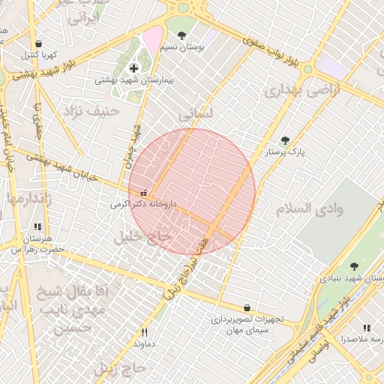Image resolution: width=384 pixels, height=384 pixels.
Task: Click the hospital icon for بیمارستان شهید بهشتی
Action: (x=134, y=68)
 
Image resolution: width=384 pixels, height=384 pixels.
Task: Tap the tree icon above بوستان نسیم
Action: (x=181, y=34)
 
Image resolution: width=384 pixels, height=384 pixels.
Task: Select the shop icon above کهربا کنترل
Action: (x=38, y=43)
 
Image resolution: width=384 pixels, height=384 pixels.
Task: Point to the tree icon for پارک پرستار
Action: (x=284, y=140)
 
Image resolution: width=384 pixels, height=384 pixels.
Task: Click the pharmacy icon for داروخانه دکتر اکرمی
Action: (x=144, y=193)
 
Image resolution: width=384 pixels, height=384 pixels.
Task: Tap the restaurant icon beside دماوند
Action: (x=145, y=332)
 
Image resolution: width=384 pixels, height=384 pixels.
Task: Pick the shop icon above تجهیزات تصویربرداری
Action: (x=247, y=307)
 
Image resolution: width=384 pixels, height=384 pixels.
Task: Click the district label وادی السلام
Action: (x=309, y=208)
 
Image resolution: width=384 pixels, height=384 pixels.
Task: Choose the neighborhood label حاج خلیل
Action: (x=142, y=237)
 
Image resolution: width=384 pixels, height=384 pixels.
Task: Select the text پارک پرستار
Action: (x=286, y=152)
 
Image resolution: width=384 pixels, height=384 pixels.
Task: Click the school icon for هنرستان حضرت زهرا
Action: (x=37, y=226)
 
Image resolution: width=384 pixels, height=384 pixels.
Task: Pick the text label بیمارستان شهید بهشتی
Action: (x=135, y=80)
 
